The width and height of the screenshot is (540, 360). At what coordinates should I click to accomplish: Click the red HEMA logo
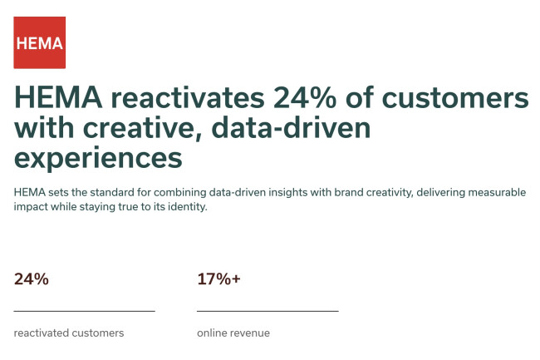pos(39,42)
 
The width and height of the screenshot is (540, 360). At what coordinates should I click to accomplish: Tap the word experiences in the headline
pos(97,156)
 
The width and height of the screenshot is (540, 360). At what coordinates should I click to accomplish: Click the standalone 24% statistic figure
pos(32,279)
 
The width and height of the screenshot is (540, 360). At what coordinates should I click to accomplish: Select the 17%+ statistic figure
pos(218,279)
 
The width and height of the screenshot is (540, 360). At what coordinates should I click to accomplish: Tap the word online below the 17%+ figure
pos(212,333)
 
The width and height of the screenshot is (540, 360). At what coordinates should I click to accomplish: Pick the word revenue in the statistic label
pos(251,333)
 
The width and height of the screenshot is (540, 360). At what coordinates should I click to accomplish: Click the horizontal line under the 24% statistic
pos(85,311)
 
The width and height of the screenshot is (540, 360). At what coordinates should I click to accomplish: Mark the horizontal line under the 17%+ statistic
pos(268,311)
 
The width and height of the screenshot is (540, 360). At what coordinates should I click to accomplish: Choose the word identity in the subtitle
pos(183,208)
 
